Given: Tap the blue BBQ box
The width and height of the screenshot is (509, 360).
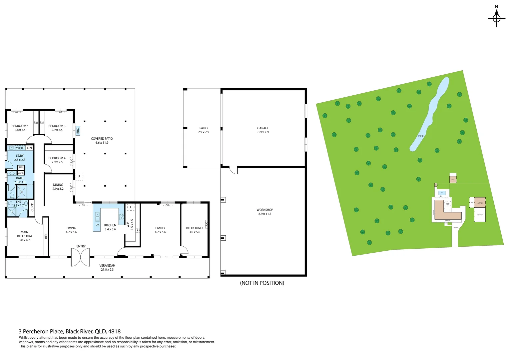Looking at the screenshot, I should pos(78,131).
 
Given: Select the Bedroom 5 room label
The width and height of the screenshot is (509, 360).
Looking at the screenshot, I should pos(20,126).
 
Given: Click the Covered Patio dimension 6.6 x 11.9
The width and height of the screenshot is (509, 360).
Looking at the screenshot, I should pos(102,143).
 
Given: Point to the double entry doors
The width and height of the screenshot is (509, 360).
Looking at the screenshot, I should pos(80,257).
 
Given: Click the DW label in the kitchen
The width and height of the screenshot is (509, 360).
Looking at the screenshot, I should pos(98,225).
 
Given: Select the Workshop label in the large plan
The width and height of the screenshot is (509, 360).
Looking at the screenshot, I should pos(265,210).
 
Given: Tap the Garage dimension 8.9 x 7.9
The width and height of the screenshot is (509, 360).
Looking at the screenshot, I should pos(263,132).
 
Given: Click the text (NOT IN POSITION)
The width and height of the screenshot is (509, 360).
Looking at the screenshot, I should pos(262,283).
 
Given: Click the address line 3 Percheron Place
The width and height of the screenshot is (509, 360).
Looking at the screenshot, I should pos(70,331).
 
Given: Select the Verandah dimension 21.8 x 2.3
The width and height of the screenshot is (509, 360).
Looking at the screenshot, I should pos(107,270).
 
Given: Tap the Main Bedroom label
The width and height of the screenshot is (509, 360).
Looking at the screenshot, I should pos(24,234).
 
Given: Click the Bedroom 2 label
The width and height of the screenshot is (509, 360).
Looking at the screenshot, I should pos(195,228).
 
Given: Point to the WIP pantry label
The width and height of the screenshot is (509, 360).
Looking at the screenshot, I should pos(128,225).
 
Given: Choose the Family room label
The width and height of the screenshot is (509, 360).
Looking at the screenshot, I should pos(160,228).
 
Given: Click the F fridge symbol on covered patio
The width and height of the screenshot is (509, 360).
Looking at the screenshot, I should pos(79,177).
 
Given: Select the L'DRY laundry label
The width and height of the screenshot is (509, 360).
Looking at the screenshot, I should pos(20,156).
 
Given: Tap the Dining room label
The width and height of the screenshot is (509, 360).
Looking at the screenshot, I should pos(58,185).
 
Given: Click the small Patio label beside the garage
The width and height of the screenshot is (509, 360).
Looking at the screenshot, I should pos(204,128).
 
